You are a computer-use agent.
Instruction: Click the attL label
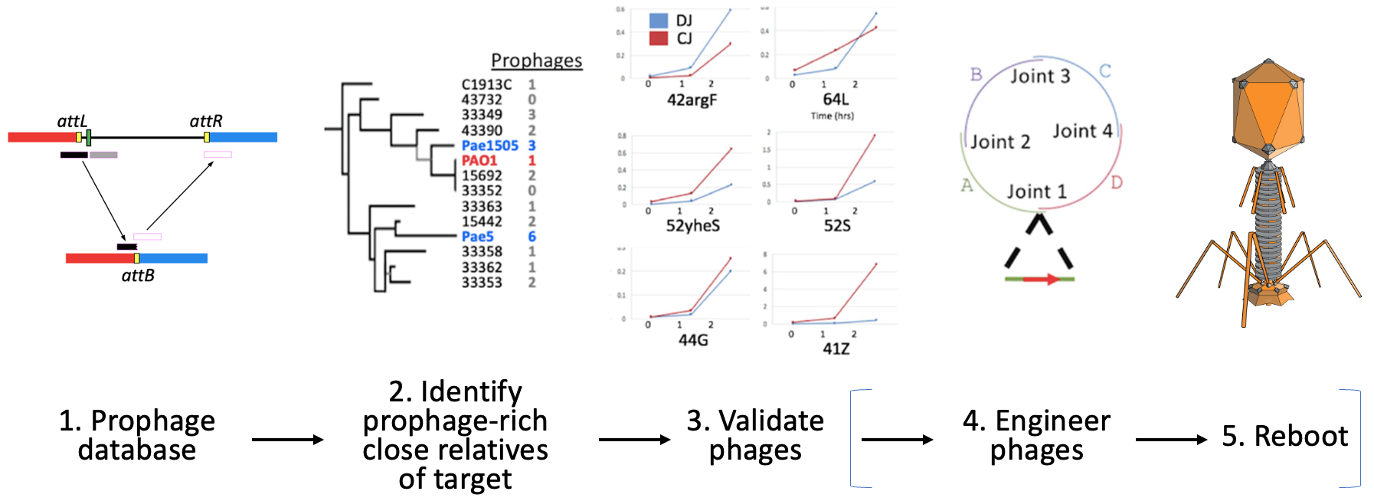[72, 121]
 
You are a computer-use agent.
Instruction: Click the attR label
[206, 121]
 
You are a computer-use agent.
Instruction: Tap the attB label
[138, 276]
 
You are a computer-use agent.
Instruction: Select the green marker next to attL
[90, 138]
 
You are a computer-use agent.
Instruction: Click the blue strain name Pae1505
[489, 146]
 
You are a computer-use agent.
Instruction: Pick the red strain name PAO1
[479, 161]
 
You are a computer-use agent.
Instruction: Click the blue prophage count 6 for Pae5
[532, 237]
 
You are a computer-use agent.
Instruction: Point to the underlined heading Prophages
[536, 61]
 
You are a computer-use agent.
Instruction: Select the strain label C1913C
[486, 85]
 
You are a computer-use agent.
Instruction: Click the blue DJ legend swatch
[659, 21]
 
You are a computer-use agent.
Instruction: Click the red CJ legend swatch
[659, 38]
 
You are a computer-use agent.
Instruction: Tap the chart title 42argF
[692, 100]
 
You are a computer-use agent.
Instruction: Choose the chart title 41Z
[836, 349]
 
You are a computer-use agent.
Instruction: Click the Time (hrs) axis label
[833, 116]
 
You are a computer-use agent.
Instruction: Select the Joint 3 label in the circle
[1039, 76]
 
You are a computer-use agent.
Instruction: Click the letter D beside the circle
[1117, 182]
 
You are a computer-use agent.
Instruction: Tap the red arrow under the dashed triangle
[1041, 280]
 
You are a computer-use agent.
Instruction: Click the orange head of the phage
[1268, 107]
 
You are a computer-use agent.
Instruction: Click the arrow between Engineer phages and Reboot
[1171, 440]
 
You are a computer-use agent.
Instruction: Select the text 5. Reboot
[1284, 437]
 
